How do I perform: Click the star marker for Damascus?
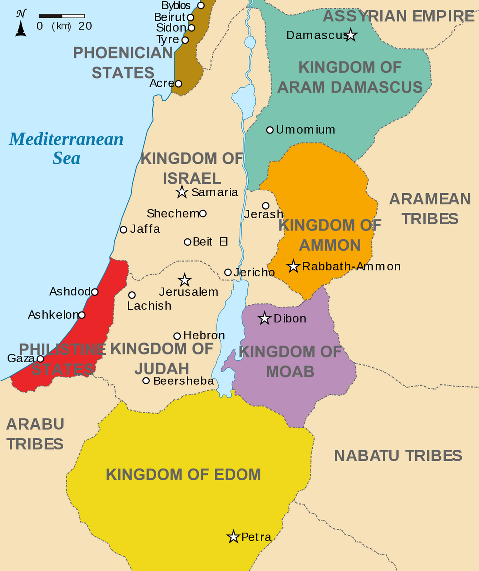click(x=351, y=35)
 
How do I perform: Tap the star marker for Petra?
click(x=233, y=537)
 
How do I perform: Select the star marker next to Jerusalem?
click(x=185, y=280)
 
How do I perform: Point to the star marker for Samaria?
click(x=182, y=192)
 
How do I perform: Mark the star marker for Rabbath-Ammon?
click(x=293, y=266)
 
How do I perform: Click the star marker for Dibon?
click(x=264, y=318)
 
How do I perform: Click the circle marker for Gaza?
click(x=40, y=358)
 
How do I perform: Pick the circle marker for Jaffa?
click(x=123, y=229)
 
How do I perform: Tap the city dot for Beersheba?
click(x=146, y=381)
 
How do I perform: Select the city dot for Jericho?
click(x=228, y=272)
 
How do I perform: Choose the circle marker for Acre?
click(x=178, y=84)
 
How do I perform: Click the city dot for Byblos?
click(x=201, y=5)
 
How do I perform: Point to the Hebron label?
click(x=204, y=335)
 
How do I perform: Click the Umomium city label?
click(x=305, y=130)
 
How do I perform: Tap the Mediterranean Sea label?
click(x=66, y=148)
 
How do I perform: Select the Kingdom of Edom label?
click(x=183, y=474)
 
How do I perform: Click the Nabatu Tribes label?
click(x=398, y=455)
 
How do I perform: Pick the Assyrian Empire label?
click(x=398, y=16)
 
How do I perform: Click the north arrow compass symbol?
click(x=21, y=23)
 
